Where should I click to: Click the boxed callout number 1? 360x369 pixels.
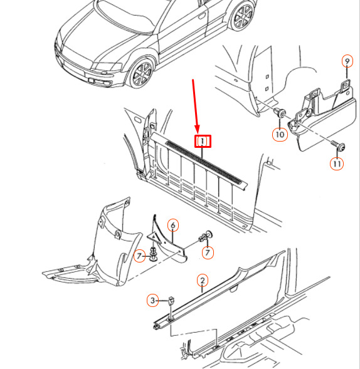click(203, 141)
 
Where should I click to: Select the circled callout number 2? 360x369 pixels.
click(203, 281)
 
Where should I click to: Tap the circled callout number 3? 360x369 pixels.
click(152, 300)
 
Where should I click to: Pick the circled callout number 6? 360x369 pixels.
click(173, 225)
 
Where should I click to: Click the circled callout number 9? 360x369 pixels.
click(347, 61)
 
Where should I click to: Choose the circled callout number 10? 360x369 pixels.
click(280, 135)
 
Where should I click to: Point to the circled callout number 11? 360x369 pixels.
click(337, 164)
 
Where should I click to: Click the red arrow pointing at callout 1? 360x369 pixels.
click(196, 107)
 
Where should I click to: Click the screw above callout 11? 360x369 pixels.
click(338, 145)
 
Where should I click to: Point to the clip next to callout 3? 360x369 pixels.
click(171, 301)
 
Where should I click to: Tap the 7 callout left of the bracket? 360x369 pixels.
click(139, 256)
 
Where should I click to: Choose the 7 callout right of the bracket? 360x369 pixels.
click(208, 252)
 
